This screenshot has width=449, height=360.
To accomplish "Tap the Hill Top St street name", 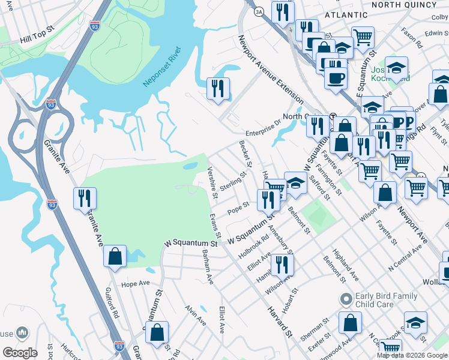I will click(x=37, y=40).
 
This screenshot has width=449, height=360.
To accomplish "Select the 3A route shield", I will click(x=259, y=11).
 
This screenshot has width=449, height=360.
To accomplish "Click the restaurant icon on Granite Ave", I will click(x=85, y=199).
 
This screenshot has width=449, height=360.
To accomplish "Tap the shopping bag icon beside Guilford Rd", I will click(x=115, y=256).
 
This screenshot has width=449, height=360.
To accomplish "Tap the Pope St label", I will click(x=238, y=209).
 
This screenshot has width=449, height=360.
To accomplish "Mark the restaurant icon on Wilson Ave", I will click(x=279, y=265).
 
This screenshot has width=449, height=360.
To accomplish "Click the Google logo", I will click(x=20, y=352).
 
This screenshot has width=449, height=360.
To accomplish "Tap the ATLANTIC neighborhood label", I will click(x=345, y=14).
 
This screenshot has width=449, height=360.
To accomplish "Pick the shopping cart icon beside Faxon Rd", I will click(x=363, y=37).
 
